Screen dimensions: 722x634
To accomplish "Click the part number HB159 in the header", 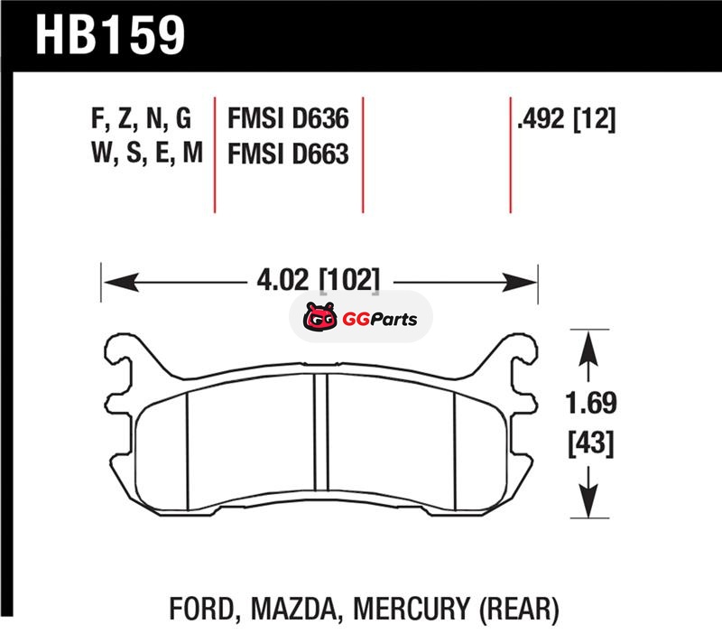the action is pos(110,35).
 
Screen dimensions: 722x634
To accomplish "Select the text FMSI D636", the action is pos(288,118).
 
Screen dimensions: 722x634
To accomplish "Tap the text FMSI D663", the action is pos(288,154).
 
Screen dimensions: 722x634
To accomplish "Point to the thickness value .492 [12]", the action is pos(567,119).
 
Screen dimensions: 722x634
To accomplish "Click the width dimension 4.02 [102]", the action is pos(319,280).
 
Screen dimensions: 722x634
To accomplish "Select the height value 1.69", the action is pos(591,403).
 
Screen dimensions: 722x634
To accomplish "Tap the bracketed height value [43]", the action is pos(591,443).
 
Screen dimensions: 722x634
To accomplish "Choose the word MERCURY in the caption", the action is pos(412,608).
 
